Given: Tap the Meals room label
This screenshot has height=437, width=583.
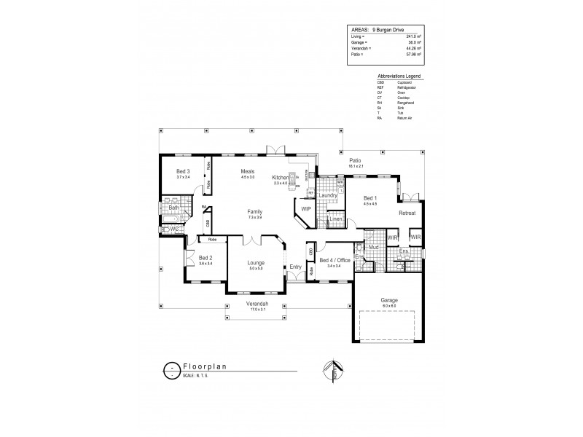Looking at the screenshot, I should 249,171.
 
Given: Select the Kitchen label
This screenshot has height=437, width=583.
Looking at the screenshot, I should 281,178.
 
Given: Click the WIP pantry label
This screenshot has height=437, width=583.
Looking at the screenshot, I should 306,209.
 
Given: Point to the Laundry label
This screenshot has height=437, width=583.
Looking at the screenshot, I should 327,195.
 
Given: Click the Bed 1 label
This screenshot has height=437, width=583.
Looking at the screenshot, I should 370,198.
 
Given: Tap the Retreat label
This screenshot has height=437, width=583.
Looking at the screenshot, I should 407,213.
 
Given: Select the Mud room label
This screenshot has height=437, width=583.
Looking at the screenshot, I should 372,248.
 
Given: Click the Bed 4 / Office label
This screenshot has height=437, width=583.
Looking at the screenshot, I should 334,260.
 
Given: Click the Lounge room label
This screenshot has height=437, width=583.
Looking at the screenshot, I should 256,262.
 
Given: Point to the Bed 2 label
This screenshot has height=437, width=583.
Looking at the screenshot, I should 206,258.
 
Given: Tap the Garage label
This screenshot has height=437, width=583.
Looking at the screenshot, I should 388,299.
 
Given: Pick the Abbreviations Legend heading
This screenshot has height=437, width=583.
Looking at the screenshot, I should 399,76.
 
